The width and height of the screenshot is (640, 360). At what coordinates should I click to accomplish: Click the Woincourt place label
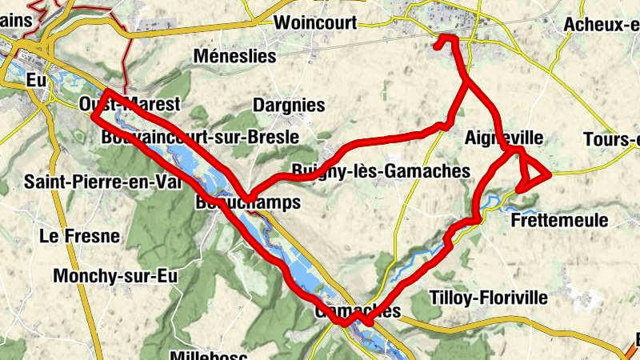point(314,23)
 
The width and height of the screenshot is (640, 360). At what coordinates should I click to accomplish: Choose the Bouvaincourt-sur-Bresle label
point(200,138)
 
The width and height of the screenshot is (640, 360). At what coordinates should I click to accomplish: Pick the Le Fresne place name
point(79,237)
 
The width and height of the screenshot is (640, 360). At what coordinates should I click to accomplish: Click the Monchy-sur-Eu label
point(114,276)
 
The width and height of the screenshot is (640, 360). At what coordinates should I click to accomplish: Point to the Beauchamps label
point(248,203)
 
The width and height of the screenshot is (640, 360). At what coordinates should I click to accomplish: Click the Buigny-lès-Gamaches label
point(380,171)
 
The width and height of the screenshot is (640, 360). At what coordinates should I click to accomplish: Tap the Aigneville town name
point(503,138)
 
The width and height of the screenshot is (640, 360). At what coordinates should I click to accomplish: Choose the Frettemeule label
point(558,220)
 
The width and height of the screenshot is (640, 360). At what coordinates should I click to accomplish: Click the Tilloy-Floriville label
point(489,298)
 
